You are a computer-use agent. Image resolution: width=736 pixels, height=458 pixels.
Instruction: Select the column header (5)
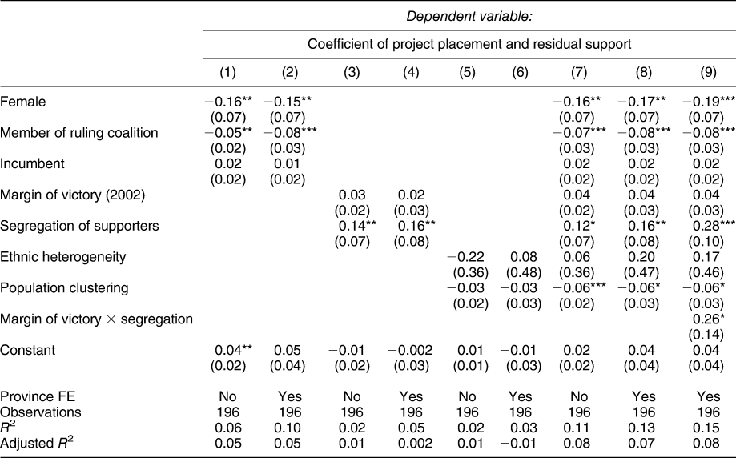(x=468, y=73)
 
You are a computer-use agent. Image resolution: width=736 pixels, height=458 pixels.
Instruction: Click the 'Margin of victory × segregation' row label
(x=97, y=319)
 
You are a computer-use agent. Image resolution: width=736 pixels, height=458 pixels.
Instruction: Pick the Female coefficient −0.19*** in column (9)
(x=709, y=101)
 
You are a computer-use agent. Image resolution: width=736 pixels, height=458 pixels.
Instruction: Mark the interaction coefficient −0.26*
(x=707, y=319)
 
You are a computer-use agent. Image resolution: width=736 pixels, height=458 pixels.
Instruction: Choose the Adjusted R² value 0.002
(x=408, y=440)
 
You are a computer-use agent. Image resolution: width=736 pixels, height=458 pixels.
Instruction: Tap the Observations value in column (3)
(x=349, y=412)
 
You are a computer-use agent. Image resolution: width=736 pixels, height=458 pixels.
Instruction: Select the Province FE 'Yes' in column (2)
(x=289, y=398)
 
